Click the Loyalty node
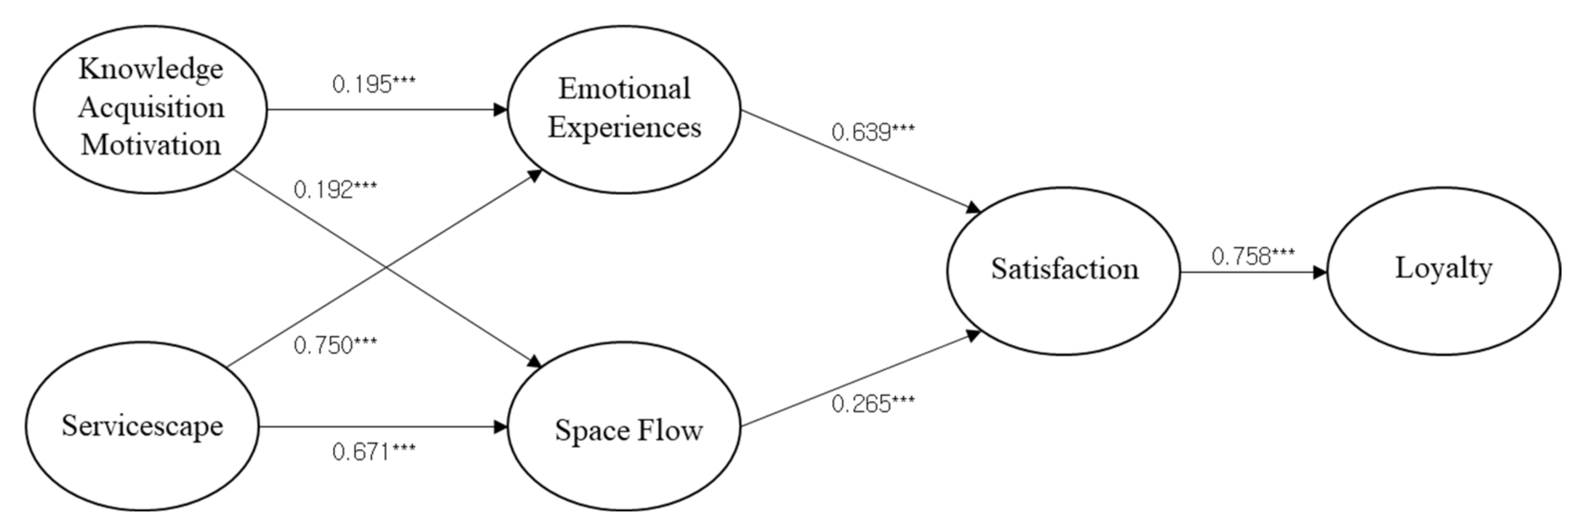pos(1443,270)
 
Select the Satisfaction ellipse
pos(1064,270)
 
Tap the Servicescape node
pos(142,426)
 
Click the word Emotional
pos(624,89)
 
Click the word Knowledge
pos(151,69)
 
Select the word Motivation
pos(151,145)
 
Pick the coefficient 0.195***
pos(374,84)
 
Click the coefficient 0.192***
pos(335,190)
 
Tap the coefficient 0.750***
pos(335,345)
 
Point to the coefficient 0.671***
pos(374,452)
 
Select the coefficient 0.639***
pos(873,132)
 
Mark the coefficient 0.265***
pos(873,404)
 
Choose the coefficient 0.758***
pos(1252,256)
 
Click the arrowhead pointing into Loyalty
pos(1319,272)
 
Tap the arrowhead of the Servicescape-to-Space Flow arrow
pos(501,426)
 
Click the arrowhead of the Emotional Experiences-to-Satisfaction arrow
pos(973,208)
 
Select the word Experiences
pos(624,128)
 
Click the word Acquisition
pos(151,108)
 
